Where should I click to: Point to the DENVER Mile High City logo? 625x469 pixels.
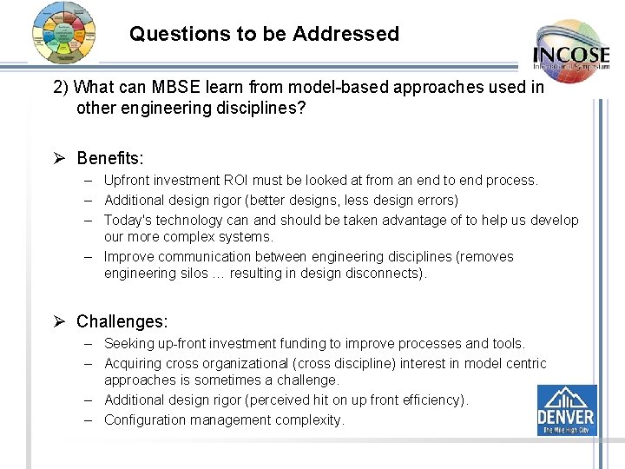(x=566, y=410)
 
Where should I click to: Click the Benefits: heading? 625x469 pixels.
(x=110, y=158)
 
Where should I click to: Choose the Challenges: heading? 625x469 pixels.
(x=122, y=321)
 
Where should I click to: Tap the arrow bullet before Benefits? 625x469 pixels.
(x=60, y=158)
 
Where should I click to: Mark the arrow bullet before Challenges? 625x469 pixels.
(x=60, y=321)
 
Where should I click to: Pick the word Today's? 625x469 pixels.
(x=128, y=220)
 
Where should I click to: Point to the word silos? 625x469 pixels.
(x=193, y=274)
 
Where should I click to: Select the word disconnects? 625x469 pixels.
(x=387, y=274)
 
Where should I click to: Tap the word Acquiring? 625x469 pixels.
(x=133, y=363)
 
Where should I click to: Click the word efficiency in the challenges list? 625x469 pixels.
(x=431, y=400)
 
